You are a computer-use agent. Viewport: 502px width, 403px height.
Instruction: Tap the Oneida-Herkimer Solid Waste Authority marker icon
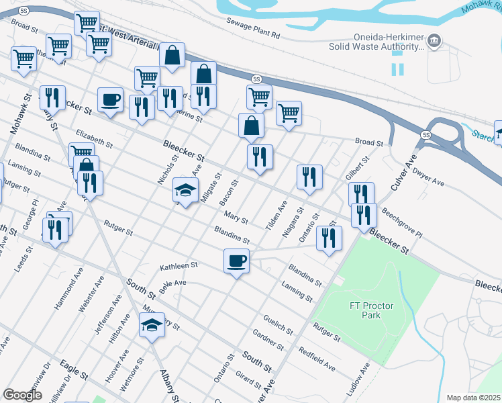[434, 42]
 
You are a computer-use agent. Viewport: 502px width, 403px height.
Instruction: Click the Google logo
[22, 395]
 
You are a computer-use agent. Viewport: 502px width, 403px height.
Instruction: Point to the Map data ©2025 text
[474, 398]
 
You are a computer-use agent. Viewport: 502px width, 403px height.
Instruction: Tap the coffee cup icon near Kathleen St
[236, 260]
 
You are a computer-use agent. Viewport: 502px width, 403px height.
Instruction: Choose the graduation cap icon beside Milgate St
[185, 190]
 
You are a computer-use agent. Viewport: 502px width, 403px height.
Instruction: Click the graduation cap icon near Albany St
[152, 326]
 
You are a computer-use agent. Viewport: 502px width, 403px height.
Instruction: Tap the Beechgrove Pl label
[402, 224]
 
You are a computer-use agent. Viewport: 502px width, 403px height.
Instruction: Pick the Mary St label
[236, 219]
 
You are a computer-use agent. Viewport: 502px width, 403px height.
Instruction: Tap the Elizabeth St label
[94, 138]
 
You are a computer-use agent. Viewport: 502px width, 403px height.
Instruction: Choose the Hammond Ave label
[68, 292]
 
